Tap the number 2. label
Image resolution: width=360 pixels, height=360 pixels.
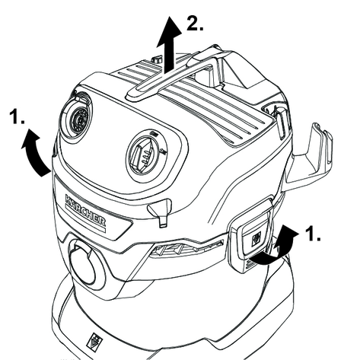click(195, 24)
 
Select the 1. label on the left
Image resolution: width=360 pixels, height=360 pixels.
click(18, 116)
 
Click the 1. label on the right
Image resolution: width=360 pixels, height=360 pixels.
click(313, 234)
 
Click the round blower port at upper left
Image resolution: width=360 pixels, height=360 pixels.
click(76, 118)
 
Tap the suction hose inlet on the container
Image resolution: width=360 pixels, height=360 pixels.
click(84, 261)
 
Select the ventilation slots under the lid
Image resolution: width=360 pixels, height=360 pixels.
click(186, 248)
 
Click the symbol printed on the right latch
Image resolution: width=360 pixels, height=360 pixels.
click(256, 238)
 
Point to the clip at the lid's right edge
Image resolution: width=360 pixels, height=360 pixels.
click(279, 124)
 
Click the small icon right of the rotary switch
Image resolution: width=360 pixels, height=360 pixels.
click(164, 152)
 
